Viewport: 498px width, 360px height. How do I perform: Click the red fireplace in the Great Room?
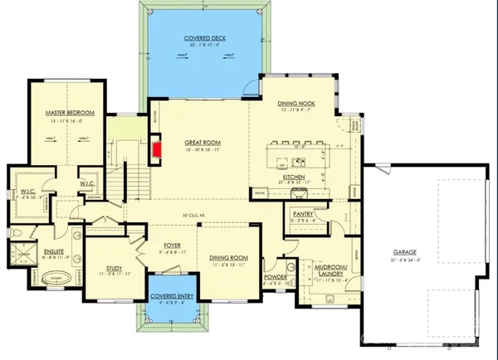[x=155, y=149]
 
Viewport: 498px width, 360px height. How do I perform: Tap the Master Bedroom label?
[x=69, y=112]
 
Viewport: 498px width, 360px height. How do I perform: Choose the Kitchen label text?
[x=295, y=178]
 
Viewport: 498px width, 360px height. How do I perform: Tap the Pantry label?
[x=301, y=213]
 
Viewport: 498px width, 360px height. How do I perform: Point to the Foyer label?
[x=173, y=244]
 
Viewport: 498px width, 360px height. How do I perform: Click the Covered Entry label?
[x=172, y=295]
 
